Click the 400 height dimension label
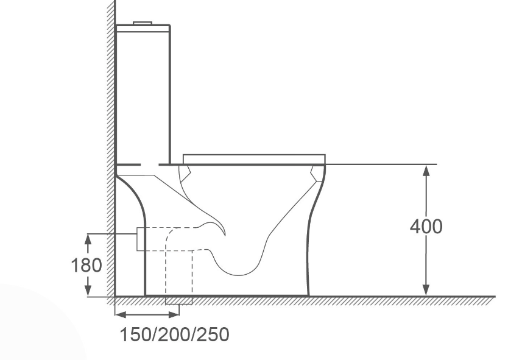(x=426, y=227)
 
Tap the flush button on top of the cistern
(x=143, y=23)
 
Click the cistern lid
(x=143, y=28)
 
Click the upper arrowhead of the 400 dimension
(x=426, y=171)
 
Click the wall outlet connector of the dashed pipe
(x=139, y=238)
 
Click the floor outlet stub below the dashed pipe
(x=178, y=300)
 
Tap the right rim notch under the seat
(x=317, y=174)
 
